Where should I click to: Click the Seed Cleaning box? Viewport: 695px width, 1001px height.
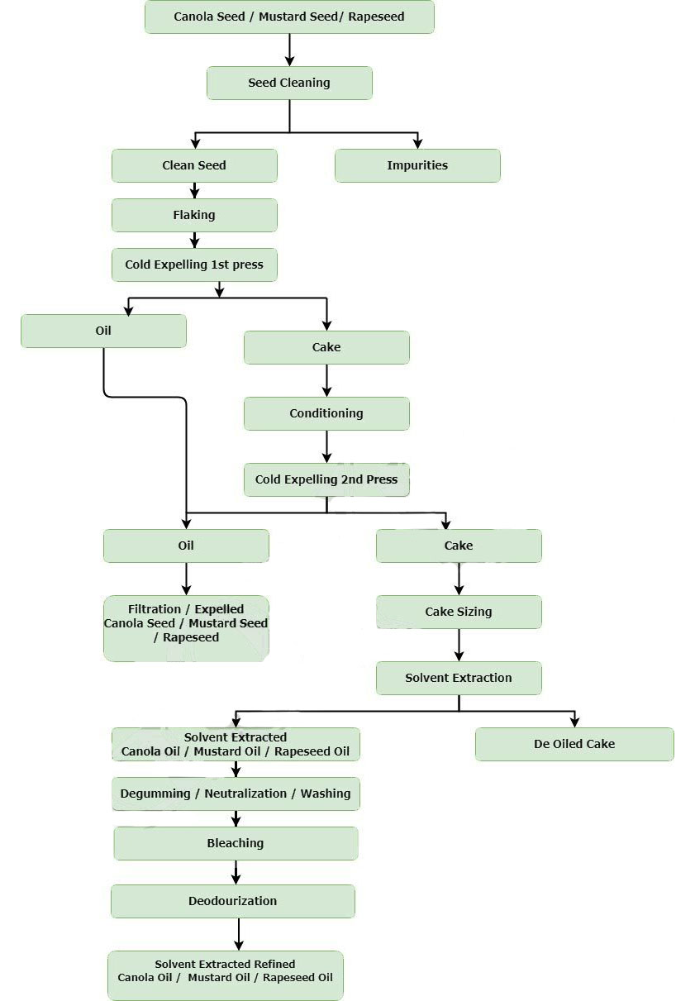pyautogui.click(x=289, y=83)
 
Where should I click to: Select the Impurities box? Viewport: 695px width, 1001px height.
pyautogui.click(x=417, y=165)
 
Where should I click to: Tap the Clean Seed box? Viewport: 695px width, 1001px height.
pyautogui.click(x=194, y=165)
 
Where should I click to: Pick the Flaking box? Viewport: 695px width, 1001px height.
pyautogui.click(x=194, y=215)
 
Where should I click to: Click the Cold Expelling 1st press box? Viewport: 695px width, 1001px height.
pyautogui.click(x=194, y=265)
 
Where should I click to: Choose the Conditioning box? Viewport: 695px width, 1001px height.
pyautogui.click(x=326, y=413)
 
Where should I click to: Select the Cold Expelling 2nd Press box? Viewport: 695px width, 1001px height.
pyautogui.click(x=326, y=479)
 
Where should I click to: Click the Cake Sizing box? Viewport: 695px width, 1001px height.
pyautogui.click(x=459, y=612)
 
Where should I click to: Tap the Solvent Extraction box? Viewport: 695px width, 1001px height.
pyautogui.click(x=459, y=678)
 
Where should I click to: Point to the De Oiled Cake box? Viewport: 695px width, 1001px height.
pyautogui.click(x=574, y=744)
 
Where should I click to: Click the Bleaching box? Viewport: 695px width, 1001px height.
pyautogui.click(x=236, y=843)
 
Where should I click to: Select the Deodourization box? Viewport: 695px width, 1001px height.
pyautogui.click(x=232, y=901)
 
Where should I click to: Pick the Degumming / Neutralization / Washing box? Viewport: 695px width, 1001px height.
pyautogui.click(x=236, y=794)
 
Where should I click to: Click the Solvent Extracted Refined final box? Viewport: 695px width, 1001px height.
pyautogui.click(x=225, y=975)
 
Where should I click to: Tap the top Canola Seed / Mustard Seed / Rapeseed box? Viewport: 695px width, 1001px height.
pyautogui.click(x=289, y=17)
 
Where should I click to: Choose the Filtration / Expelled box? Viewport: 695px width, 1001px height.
pyautogui.click(x=186, y=628)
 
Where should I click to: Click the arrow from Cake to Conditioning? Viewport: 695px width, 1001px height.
pyautogui.click(x=326, y=380)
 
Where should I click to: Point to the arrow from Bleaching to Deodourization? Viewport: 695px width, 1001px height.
pyautogui.click(x=236, y=872)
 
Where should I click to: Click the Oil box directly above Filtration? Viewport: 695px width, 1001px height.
pyautogui.click(x=186, y=546)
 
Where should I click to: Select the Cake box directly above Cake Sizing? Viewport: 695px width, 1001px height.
pyautogui.click(x=459, y=546)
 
